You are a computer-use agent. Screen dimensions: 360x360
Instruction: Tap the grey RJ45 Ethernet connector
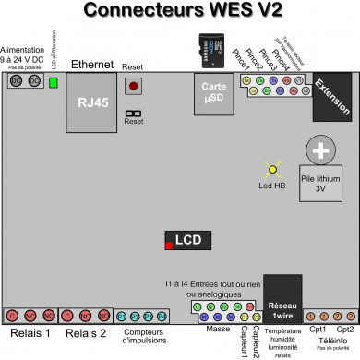pos(90,101)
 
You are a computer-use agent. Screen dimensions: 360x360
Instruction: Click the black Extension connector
pos(332,96)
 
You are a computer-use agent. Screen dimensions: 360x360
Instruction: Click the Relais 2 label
pos(86,333)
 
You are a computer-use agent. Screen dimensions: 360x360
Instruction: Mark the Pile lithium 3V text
pos(321,182)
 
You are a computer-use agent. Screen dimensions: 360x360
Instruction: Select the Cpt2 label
pos(344,329)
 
